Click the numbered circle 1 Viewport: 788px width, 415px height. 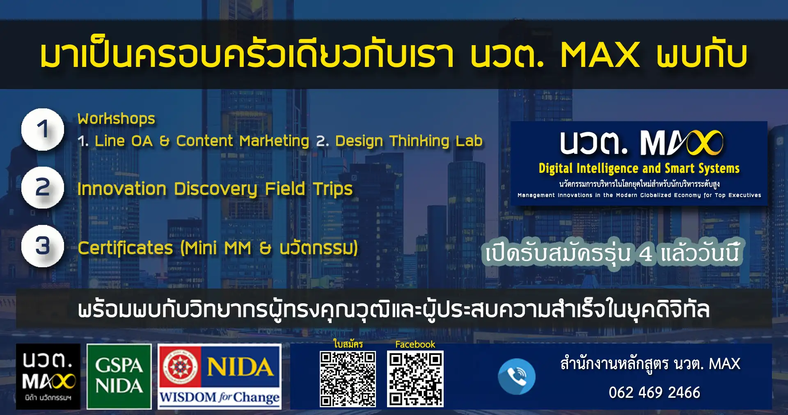(x=43, y=129)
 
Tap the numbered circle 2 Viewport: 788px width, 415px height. (x=43, y=188)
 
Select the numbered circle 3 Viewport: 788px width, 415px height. (x=43, y=246)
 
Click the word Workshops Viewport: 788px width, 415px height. (x=117, y=119)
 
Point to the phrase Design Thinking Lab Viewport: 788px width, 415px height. (x=409, y=141)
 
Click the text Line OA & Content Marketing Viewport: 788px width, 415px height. (x=202, y=141)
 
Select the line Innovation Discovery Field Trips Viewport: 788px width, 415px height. (x=215, y=189)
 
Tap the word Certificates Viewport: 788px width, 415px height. (x=125, y=248)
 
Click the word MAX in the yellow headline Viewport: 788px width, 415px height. (x=600, y=55)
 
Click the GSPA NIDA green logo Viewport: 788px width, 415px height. (x=119, y=376)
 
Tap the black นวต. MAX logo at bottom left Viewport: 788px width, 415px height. (x=48, y=376)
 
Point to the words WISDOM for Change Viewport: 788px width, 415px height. (x=220, y=397)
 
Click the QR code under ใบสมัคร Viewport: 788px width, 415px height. (x=348, y=379)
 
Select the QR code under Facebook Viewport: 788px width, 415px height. (x=415, y=379)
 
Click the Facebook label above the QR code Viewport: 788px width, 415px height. (x=415, y=344)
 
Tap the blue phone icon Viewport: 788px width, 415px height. (x=517, y=376)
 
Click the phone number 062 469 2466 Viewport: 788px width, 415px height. (x=654, y=392)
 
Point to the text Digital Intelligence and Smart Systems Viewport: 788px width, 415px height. (x=639, y=168)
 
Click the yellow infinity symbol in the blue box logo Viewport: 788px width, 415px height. (x=704, y=143)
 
